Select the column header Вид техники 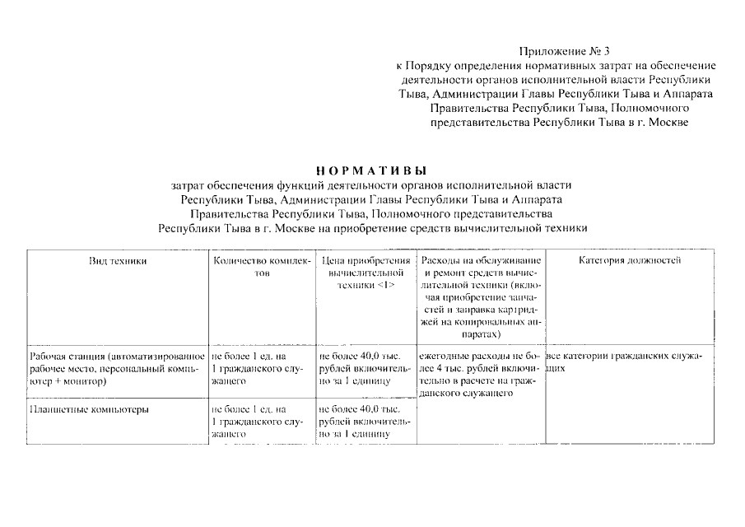(118, 261)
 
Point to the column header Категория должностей (630, 261)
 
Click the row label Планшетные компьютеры (89, 408)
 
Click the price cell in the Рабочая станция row (365, 369)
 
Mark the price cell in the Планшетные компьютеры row (365, 421)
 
